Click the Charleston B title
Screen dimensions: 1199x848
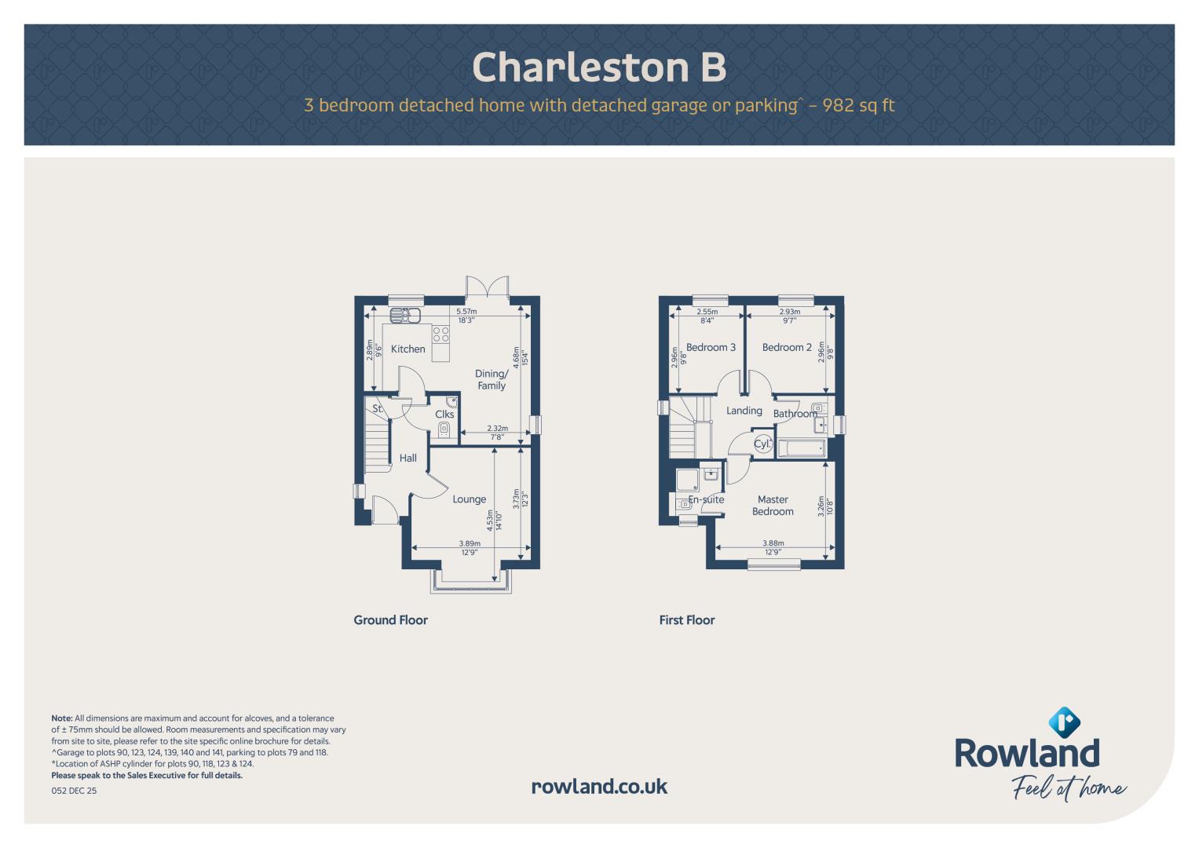click(x=599, y=68)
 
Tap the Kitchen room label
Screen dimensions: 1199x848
click(x=408, y=349)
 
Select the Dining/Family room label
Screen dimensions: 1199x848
click(x=492, y=379)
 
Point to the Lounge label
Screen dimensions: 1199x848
click(x=470, y=499)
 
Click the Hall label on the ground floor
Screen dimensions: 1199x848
click(x=408, y=458)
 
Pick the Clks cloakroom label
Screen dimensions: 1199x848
click(x=444, y=415)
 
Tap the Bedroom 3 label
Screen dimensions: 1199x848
click(x=711, y=347)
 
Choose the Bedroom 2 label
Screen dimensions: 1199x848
click(x=787, y=347)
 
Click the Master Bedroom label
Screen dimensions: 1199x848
click(x=773, y=506)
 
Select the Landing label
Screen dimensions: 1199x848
click(x=744, y=411)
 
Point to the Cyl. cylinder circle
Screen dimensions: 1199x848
click(x=762, y=444)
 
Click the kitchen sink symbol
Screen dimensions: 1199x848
click(x=405, y=316)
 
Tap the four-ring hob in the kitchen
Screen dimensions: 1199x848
click(x=441, y=334)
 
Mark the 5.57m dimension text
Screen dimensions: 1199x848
click(x=466, y=311)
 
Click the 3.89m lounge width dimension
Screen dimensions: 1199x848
click(x=470, y=543)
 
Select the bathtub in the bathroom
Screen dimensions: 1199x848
click(x=801, y=448)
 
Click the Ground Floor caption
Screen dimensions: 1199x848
click(x=391, y=620)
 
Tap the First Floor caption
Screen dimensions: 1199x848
click(x=687, y=620)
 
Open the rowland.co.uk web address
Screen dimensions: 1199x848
click(x=600, y=787)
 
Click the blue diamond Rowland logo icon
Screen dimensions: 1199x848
click(x=1064, y=722)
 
